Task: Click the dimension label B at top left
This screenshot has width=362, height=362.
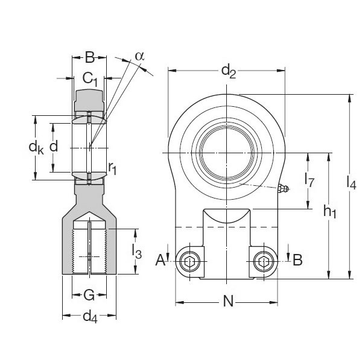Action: pyautogui.click(x=89, y=59)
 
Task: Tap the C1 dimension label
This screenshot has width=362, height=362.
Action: pyautogui.click(x=90, y=77)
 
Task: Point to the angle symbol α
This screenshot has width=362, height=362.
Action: pyautogui.click(x=139, y=56)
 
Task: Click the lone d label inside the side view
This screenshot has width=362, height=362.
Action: pyautogui.click(x=54, y=146)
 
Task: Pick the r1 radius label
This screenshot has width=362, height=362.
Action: pyautogui.click(x=112, y=169)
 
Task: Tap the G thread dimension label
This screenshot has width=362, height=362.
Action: pyautogui.click(x=88, y=295)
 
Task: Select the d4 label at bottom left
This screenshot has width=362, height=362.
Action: pyautogui.click(x=90, y=316)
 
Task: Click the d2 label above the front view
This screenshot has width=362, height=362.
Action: pyautogui.click(x=228, y=71)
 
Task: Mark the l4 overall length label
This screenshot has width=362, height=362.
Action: pyautogui.click(x=352, y=181)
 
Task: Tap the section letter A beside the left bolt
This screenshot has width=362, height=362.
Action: pyautogui.click(x=160, y=260)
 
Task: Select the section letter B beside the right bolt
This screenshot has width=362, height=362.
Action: pyautogui.click(x=297, y=260)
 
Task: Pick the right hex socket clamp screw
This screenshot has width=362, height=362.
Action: pyautogui.click(x=264, y=261)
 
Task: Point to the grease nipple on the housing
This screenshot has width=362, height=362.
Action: pyautogui.click(x=283, y=189)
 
